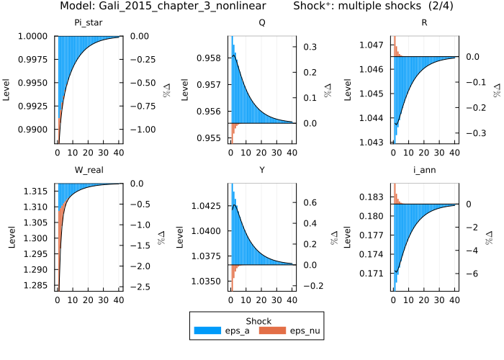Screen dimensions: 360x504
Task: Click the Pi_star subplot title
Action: pyautogui.click(x=89, y=22)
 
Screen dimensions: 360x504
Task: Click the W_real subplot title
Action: pyautogui.click(x=89, y=170)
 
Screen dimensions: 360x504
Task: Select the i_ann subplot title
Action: pyautogui.click(x=425, y=170)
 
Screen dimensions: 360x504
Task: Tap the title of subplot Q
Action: pyautogui.click(x=261, y=22)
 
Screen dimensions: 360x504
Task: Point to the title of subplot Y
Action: pyautogui.click(x=261, y=170)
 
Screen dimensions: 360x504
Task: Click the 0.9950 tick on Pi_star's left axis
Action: pyautogui.click(x=35, y=83)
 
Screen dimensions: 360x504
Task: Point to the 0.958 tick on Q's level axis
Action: pyautogui.click(x=209, y=58)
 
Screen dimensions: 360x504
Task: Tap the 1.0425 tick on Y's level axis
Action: pyautogui.click(x=204, y=206)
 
